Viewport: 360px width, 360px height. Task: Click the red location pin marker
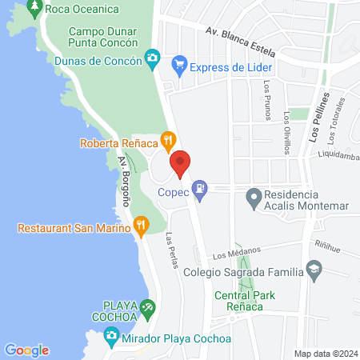pyautogui.click(x=181, y=163)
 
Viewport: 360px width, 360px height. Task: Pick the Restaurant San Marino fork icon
pyautogui.click(x=141, y=226)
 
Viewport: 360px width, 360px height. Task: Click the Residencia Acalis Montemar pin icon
pyautogui.click(x=254, y=196)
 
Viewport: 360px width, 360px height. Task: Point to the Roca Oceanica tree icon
pyautogui.click(x=34, y=10)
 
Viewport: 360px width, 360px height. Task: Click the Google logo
pyautogui.click(x=26, y=350)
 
